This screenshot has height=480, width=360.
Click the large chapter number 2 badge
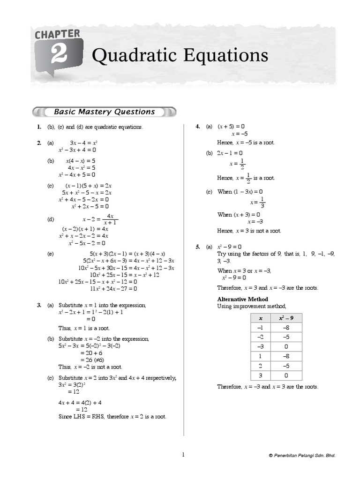(x=59, y=56)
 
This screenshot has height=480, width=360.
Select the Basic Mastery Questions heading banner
(x=104, y=112)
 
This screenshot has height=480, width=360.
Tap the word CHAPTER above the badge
(x=57, y=34)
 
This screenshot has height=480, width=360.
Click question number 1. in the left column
(x=39, y=127)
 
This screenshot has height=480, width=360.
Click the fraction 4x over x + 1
(x=110, y=219)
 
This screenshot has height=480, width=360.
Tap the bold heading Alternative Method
(x=242, y=299)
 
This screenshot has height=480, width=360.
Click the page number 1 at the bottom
(x=183, y=455)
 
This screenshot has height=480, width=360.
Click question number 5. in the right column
(x=198, y=247)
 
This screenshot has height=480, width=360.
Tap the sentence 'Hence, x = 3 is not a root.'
(x=249, y=231)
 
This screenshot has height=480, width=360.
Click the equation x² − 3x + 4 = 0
(x=77, y=150)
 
